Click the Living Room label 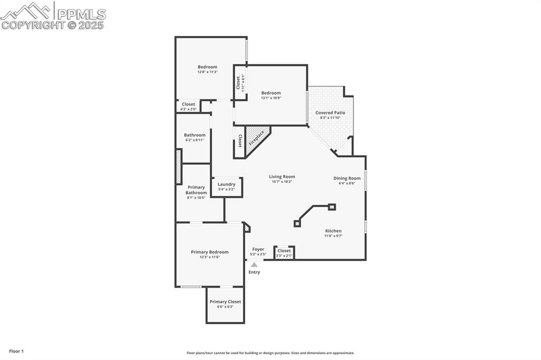pos(282,177)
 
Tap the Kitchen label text pos(333,231)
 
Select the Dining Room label pos(347,178)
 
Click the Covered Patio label pos(330,112)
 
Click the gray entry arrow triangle pos(254,264)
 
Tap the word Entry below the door pos(254,272)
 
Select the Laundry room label pos(227,184)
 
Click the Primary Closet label pos(225,302)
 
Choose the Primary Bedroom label pos(210,252)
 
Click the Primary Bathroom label pos(196,190)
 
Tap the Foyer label pos(258,249)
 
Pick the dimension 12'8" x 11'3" pos(208,72)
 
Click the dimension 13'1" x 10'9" pos(271,98)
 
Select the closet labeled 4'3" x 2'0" pos(189,107)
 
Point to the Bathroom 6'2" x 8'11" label pos(194,137)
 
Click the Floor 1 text pos(16,351)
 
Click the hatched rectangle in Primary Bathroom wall pos(179,167)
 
